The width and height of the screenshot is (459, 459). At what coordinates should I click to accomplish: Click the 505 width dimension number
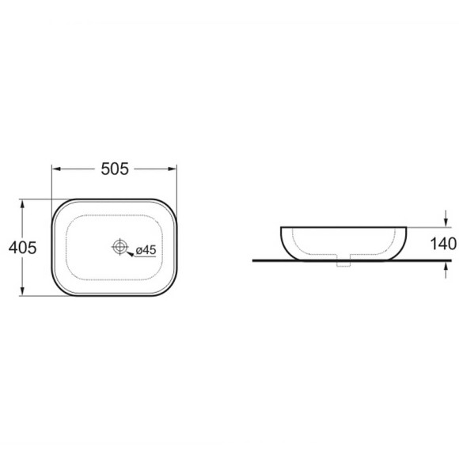pos(115,169)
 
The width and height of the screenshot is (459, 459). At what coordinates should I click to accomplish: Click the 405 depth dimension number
pos(22,248)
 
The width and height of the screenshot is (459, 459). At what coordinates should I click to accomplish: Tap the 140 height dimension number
pos(443,244)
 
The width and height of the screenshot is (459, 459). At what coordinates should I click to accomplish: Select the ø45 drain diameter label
pos(146,250)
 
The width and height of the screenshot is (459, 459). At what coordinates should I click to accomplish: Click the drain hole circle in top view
pos(119,246)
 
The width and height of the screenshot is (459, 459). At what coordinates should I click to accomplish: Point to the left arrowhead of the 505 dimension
pos(56,169)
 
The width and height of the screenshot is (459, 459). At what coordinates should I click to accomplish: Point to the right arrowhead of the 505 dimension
pos(173,169)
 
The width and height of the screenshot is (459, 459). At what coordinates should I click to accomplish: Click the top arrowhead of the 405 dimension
pos(22,203)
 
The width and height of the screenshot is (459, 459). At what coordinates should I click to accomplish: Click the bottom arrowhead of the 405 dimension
pos(22,291)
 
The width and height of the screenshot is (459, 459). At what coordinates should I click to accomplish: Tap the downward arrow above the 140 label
pos(446,218)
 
